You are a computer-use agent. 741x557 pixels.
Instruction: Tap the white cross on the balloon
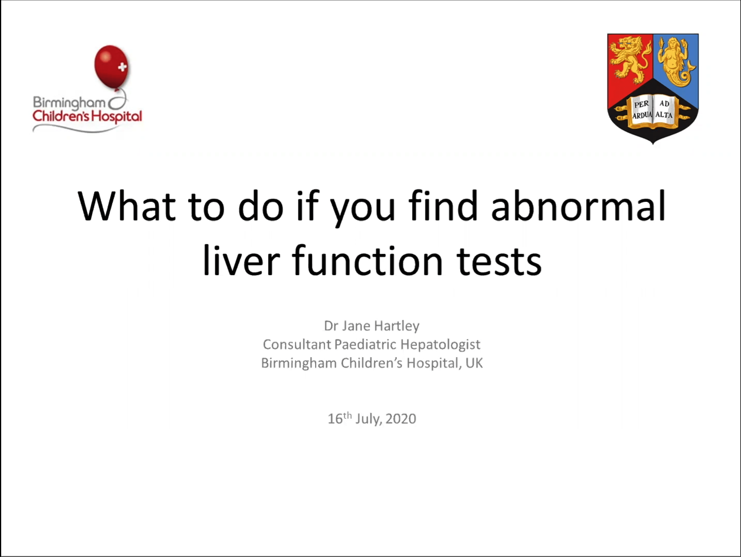[122, 67]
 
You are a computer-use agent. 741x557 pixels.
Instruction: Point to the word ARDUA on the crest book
[642, 116]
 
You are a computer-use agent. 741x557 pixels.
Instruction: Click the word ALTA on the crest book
[664, 115]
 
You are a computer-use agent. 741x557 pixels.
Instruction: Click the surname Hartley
[397, 326]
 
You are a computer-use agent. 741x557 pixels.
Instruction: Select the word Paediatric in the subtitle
[365, 344]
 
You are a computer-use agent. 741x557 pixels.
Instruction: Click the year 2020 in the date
[401, 419]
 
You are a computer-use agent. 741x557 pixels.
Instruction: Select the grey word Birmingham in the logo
[69, 102]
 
